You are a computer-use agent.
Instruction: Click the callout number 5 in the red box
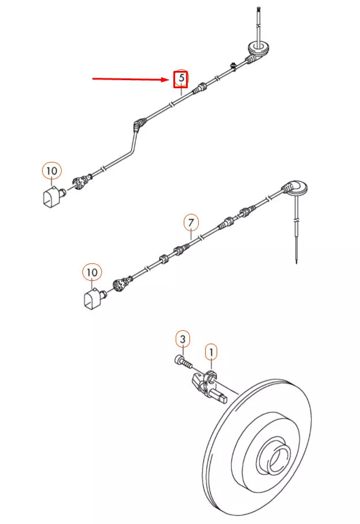pyautogui.click(x=181, y=77)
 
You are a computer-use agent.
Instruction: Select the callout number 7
pyautogui.click(x=191, y=222)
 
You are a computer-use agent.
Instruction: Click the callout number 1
pyautogui.click(x=211, y=351)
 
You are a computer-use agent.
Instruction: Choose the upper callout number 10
pyautogui.click(x=51, y=171)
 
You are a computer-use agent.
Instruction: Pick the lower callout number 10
pyautogui.click(x=92, y=272)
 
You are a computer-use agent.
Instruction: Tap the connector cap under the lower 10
pyautogui.click(x=92, y=299)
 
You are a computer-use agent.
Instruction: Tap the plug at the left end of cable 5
pyautogui.click(x=81, y=180)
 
